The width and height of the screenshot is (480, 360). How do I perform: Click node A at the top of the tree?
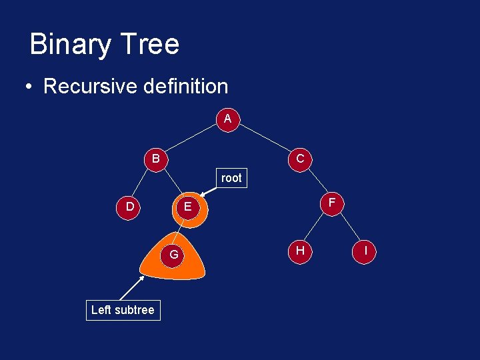click(227, 119)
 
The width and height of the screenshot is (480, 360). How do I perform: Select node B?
click(155, 159)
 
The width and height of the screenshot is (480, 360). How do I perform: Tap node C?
click(300, 159)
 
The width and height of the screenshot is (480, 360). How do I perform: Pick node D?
click(129, 207)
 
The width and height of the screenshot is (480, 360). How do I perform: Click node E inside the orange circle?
click(188, 207)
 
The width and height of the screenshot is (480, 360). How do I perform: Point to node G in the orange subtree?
click(173, 255)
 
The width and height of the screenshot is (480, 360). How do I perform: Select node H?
click(300, 250)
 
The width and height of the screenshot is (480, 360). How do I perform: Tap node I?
click(365, 251)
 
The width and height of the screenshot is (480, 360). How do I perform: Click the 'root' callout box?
click(231, 178)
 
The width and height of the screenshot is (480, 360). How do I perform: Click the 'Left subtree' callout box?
click(123, 310)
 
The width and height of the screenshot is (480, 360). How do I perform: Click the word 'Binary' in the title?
click(68, 45)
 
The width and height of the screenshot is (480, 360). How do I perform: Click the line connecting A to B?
click(191, 139)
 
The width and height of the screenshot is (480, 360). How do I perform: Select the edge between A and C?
click(264, 139)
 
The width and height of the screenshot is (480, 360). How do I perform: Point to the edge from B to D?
click(143, 183)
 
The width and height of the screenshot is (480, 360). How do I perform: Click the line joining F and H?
click(316, 226)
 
